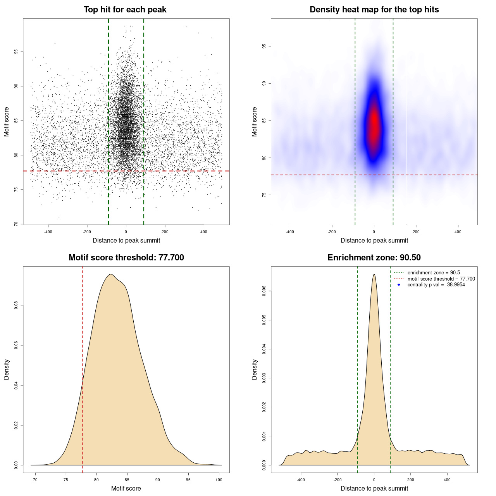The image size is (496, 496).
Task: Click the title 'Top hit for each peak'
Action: point(125,10)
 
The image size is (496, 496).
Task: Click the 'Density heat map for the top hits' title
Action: point(374,10)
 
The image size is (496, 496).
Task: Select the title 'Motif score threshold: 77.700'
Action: point(126,258)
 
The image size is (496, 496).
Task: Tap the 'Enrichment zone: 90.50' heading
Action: point(374,258)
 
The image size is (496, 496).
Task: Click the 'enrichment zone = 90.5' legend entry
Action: point(434,273)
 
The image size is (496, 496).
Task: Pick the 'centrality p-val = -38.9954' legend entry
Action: point(436,285)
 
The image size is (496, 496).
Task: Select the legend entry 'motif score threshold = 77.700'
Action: point(441,279)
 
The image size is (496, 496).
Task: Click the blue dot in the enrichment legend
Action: point(399,285)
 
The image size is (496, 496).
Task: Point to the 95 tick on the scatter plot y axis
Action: point(16,52)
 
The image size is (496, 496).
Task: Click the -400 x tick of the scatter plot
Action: point(48,232)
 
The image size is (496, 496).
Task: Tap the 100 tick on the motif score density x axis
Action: point(219,480)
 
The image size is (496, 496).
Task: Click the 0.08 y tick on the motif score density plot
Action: point(16,305)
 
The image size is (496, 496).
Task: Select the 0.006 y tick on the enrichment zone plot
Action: point(264,291)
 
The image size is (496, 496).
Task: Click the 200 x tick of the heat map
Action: point(416,232)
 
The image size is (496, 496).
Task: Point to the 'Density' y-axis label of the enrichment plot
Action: point(255,369)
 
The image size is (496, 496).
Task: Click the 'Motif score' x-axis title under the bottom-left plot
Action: point(126,488)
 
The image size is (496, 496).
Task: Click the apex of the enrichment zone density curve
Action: point(374,274)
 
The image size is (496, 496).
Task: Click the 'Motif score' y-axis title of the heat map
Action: point(255,122)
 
